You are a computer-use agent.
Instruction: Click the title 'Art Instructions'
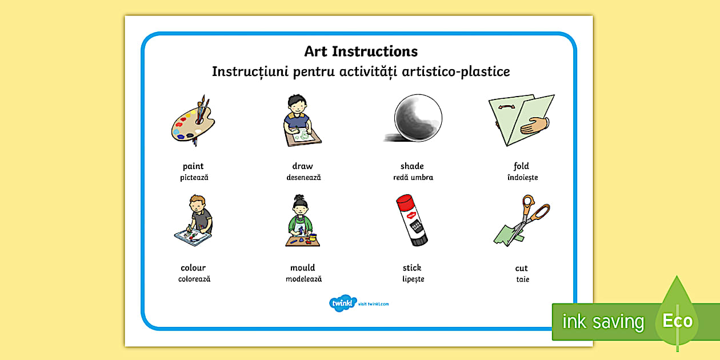point(361,51)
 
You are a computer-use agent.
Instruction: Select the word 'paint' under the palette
point(193,166)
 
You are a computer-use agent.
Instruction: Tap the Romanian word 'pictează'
point(194,178)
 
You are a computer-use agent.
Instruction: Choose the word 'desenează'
point(303,178)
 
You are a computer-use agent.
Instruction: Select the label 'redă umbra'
point(413,178)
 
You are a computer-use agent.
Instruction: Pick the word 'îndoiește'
point(522,178)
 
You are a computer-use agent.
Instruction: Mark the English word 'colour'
point(193,267)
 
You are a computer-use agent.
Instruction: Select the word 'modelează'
point(303,279)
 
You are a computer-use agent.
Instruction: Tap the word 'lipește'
point(413,279)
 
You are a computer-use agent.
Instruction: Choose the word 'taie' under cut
point(522,279)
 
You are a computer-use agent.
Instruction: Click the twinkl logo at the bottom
point(343,303)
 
